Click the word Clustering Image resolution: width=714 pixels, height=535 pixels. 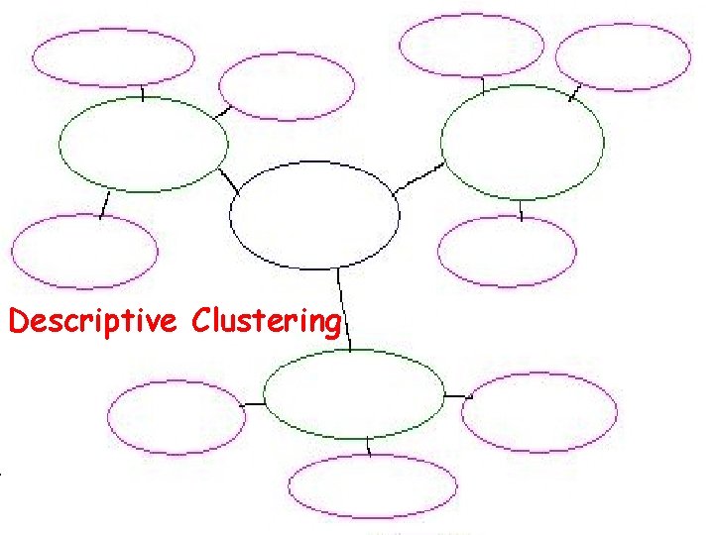(x=267, y=322)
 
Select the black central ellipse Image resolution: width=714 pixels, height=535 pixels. (x=314, y=215)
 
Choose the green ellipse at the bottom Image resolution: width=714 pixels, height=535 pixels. (x=355, y=393)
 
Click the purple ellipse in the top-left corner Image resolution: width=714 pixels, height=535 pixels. (x=113, y=57)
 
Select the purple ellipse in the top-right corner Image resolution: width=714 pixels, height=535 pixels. (x=623, y=55)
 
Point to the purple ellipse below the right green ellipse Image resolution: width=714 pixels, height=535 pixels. (x=507, y=252)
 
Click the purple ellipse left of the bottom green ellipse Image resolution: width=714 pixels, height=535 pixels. (x=176, y=417)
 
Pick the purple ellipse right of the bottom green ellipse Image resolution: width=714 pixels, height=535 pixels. (x=538, y=412)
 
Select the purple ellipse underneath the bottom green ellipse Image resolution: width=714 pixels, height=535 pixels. (x=373, y=486)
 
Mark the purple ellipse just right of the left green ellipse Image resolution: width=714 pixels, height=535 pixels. (x=287, y=86)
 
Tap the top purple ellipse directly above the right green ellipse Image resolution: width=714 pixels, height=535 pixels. (x=472, y=46)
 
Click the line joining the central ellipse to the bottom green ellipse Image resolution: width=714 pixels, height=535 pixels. (x=344, y=307)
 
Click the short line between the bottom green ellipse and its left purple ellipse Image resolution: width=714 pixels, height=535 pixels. (x=254, y=403)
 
